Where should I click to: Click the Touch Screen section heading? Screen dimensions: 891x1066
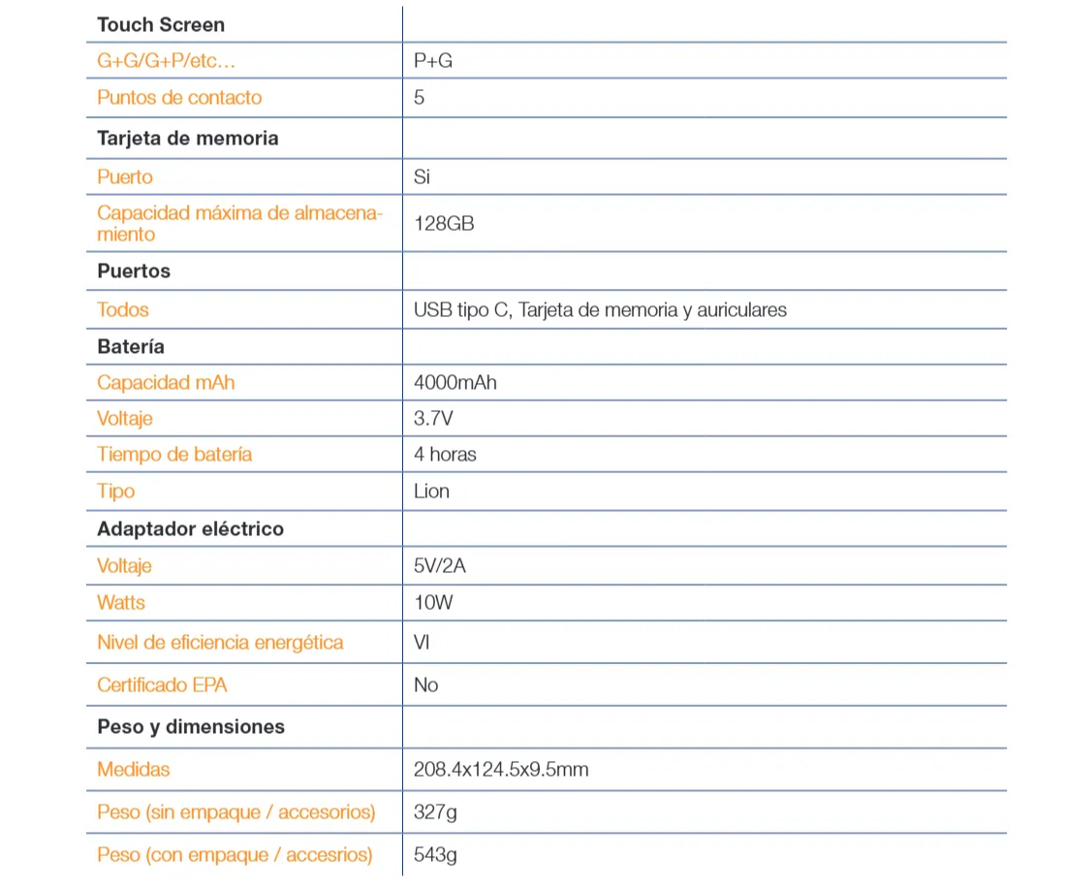161,25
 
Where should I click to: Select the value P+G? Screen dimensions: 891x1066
433,61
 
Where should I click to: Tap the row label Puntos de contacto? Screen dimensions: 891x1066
179,98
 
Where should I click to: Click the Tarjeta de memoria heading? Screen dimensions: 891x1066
188,139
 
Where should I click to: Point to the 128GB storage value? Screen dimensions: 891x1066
444,224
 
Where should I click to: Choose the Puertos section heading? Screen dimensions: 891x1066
134,271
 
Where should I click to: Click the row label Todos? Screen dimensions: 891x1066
123,310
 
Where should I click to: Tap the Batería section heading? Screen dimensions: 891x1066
131,347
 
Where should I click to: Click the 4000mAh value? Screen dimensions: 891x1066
455,383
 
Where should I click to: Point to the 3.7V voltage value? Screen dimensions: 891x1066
432,419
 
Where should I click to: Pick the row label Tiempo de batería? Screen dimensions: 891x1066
174,455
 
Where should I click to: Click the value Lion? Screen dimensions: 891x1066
431,492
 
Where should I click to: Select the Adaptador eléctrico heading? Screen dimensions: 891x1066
191,529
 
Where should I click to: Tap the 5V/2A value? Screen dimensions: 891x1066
440,566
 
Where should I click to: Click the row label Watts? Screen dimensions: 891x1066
121,603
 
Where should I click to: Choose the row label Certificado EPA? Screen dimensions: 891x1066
162,685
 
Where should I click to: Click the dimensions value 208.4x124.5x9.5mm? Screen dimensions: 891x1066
501,770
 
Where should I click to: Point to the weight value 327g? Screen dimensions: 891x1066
435,812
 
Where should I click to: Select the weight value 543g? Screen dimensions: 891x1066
435,855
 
